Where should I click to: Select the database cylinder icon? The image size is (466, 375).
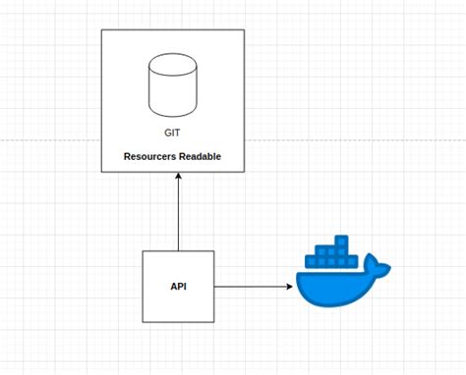[x=172, y=83]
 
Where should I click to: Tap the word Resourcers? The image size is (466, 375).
[x=150, y=156]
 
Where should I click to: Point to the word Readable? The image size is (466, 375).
[x=200, y=156]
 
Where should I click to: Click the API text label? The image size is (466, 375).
[x=178, y=286]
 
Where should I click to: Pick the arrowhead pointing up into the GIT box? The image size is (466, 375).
[x=178, y=179]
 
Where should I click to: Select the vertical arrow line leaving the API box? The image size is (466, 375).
[x=178, y=216]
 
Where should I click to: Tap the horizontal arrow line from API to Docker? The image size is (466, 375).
[x=251, y=287]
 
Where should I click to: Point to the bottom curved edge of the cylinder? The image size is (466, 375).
[x=172, y=110]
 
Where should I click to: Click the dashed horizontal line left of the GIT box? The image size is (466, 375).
[x=49, y=140]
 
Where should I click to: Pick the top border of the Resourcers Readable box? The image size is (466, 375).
[x=172, y=29]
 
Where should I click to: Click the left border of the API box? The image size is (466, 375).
[x=143, y=286]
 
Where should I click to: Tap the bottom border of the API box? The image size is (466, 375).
[x=178, y=322]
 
